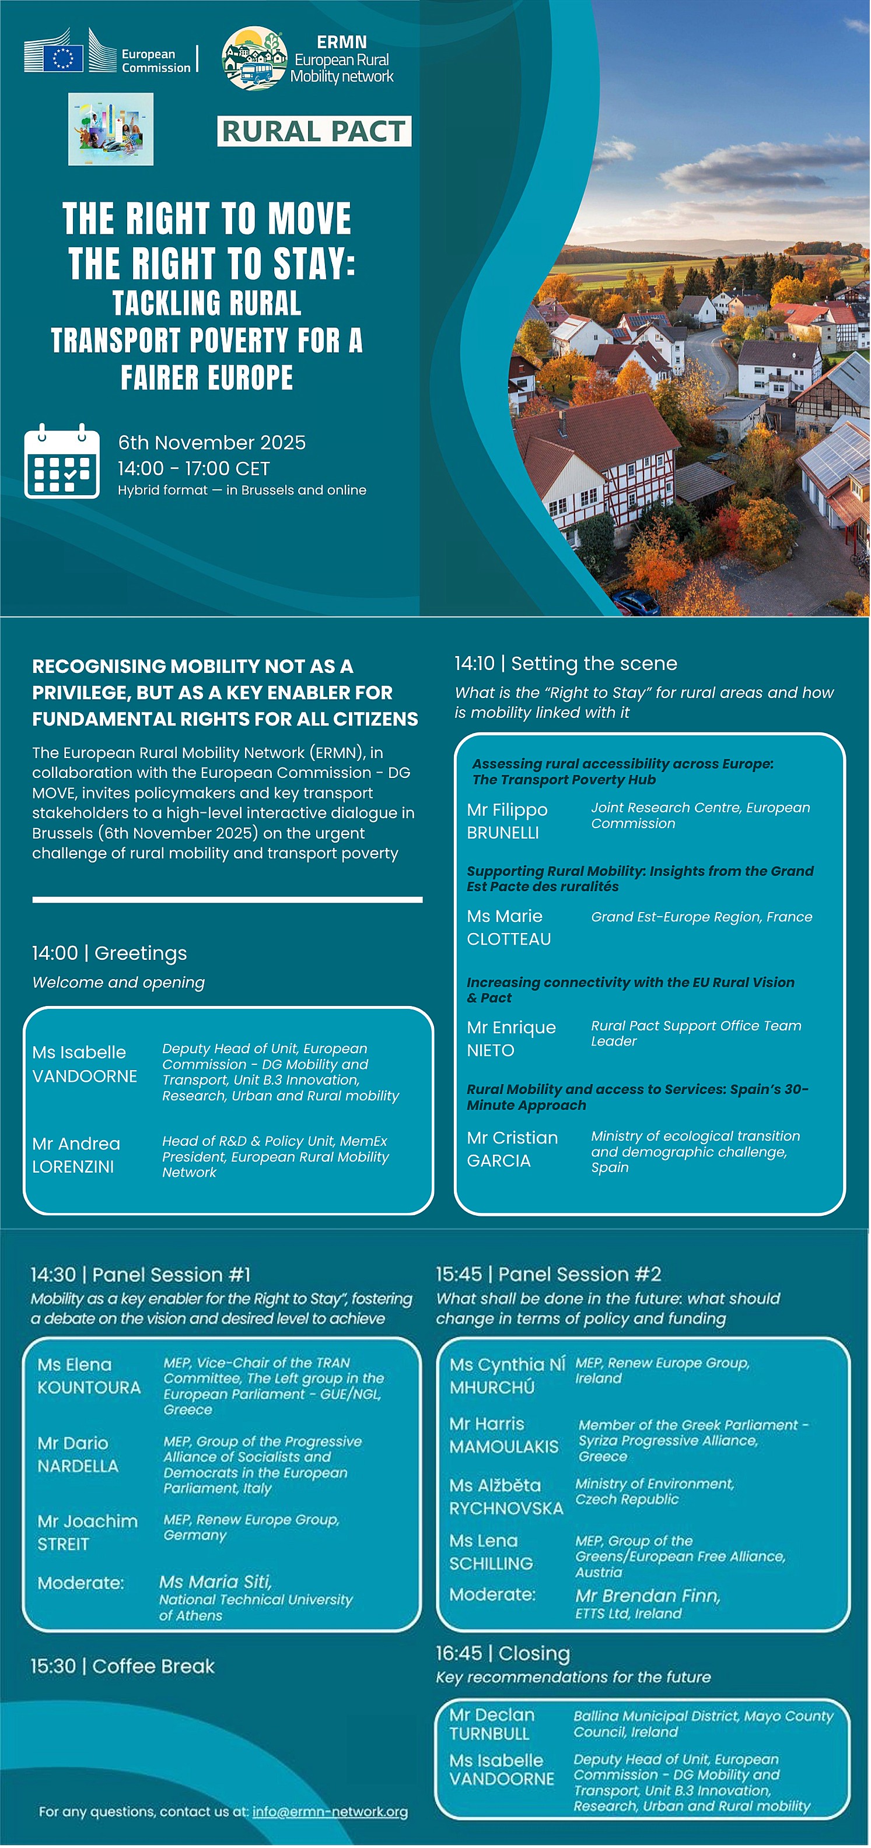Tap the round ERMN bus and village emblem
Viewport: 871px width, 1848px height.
(254, 58)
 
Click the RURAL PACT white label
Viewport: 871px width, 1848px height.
(314, 131)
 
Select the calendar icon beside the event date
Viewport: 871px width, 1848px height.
(62, 461)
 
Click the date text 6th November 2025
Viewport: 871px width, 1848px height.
(212, 443)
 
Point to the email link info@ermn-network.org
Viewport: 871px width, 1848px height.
(330, 1811)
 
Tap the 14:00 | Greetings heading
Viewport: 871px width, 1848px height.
(109, 953)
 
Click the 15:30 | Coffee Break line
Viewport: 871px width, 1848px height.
(122, 1666)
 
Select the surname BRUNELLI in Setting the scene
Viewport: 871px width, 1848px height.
(503, 833)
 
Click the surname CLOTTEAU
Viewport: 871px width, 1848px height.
(509, 939)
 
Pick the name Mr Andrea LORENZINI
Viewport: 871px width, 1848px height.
(76, 1155)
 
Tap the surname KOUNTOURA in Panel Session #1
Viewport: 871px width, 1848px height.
(89, 1387)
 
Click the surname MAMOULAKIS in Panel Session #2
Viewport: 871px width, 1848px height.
(503, 1447)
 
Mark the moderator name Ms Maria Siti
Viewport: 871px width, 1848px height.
(215, 1582)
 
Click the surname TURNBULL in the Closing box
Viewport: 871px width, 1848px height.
(489, 1733)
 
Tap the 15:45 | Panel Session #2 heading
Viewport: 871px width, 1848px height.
(548, 1274)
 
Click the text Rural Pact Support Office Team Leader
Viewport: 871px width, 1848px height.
(695, 1033)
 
